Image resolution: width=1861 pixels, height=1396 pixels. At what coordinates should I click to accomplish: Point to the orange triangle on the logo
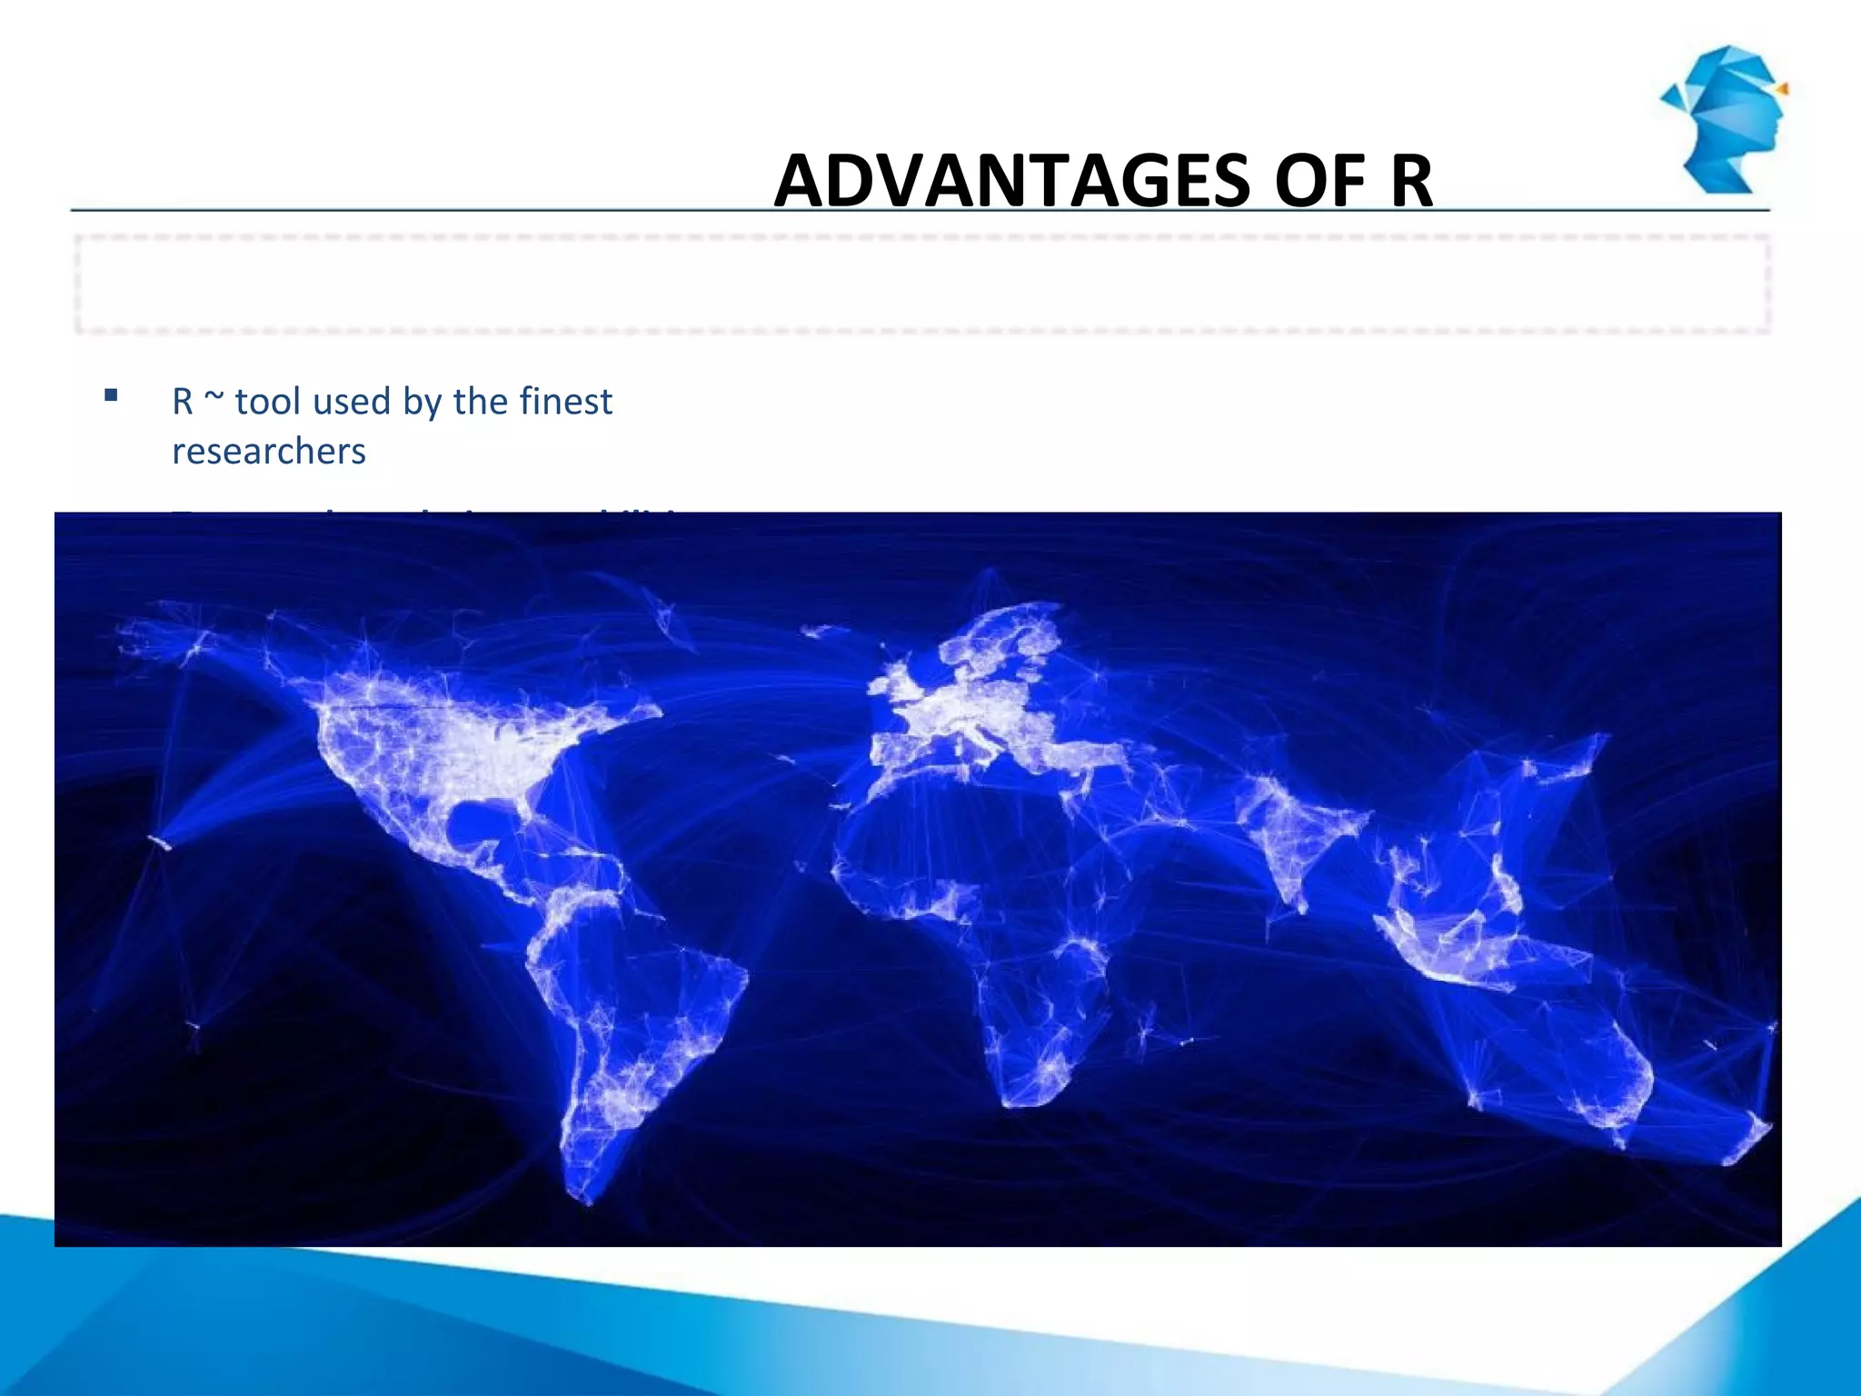point(1782,88)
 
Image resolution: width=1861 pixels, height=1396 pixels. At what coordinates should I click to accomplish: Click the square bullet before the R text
point(111,395)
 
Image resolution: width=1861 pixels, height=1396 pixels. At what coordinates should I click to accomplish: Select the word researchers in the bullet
point(269,451)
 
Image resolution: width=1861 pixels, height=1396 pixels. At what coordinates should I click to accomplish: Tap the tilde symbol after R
point(213,401)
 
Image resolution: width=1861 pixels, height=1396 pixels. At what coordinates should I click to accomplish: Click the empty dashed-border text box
point(921,284)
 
